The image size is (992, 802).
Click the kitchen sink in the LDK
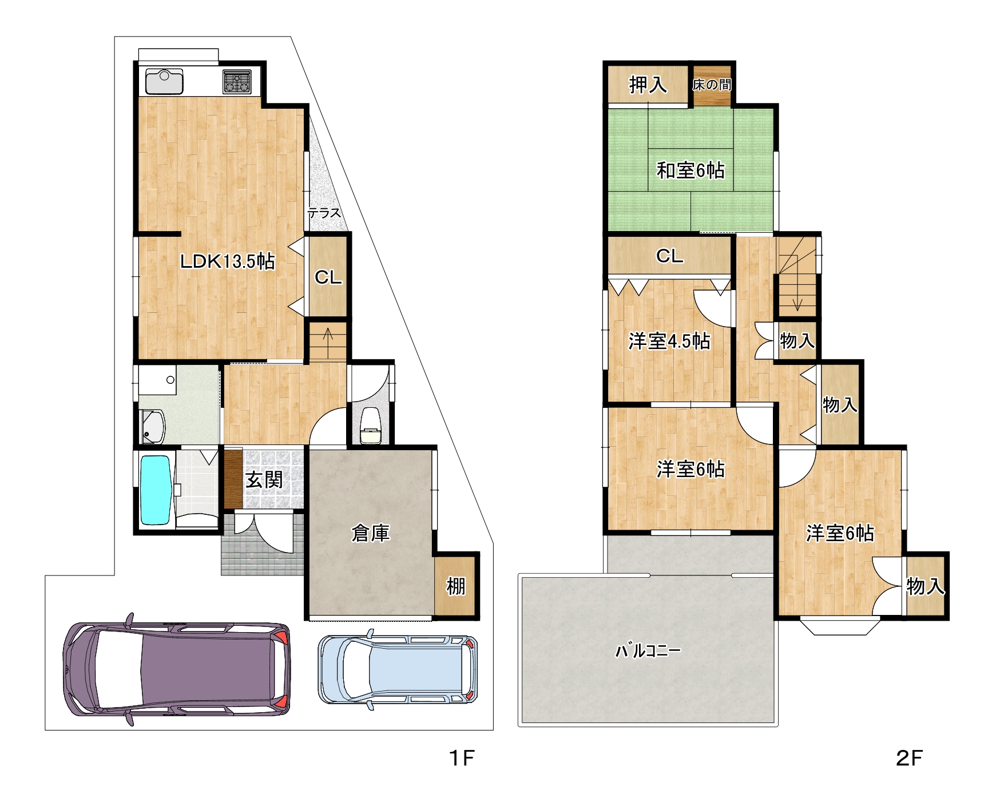coord(164,81)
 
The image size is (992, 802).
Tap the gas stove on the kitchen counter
coord(237,82)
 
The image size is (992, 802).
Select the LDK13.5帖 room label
coord(228,261)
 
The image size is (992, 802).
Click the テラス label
coord(324,213)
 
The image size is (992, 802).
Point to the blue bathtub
coord(156,490)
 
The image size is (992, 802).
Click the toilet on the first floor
coord(371,426)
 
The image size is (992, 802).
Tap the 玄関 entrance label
coord(264,479)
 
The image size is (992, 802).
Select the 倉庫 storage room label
coord(371,533)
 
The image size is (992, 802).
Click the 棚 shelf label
coord(456,586)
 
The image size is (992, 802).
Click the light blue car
coord(398,669)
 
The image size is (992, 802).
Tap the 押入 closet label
coord(648,85)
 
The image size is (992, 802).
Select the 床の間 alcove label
coord(712,85)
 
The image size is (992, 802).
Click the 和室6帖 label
coord(691,170)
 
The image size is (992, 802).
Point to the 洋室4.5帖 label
coord(669,341)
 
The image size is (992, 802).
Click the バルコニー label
coord(648,650)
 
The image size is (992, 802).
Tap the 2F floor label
coord(909,758)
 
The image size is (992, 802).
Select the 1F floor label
coord(462,758)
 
